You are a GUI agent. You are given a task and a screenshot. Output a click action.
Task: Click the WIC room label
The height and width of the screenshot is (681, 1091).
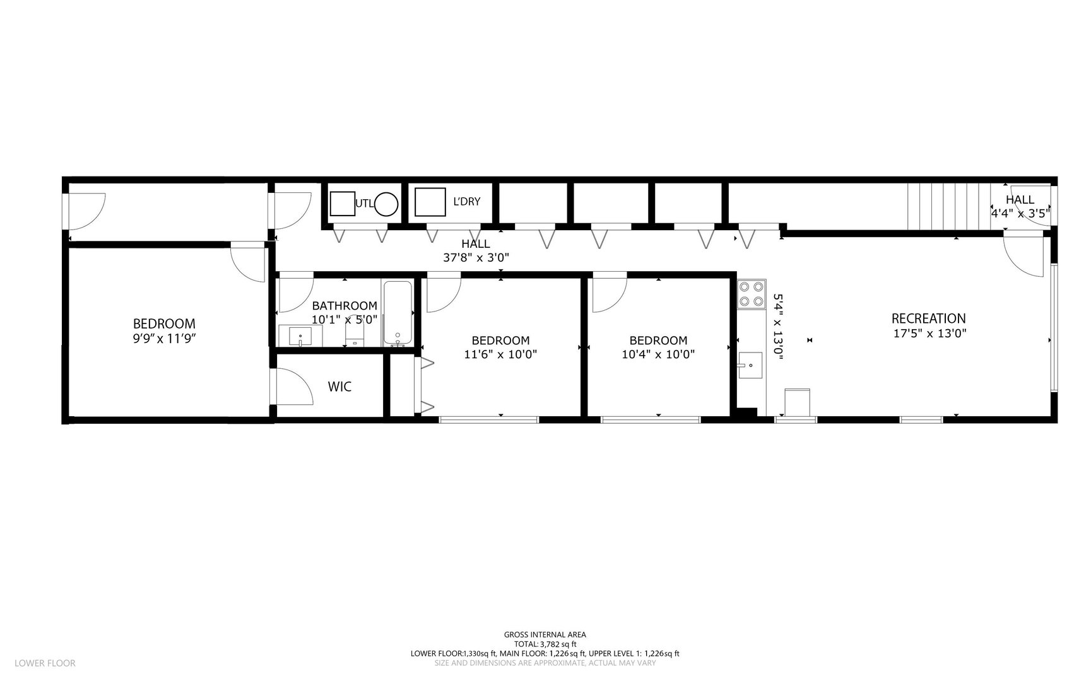click(339, 387)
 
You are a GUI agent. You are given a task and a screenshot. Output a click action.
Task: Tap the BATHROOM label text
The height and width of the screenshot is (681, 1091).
click(345, 306)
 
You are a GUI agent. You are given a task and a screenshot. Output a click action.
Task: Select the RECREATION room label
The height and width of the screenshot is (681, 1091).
click(928, 318)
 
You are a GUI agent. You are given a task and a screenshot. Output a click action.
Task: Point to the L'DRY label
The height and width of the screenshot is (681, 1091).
click(466, 202)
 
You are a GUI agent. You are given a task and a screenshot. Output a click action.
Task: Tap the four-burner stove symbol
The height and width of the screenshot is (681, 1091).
click(752, 294)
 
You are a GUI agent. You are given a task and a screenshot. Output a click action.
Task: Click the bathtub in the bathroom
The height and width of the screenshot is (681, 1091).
click(398, 313)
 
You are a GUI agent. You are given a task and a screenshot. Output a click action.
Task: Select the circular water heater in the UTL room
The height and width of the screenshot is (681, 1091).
click(386, 204)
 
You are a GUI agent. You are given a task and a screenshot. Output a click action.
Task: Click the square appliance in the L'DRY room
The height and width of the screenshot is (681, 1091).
click(426, 202)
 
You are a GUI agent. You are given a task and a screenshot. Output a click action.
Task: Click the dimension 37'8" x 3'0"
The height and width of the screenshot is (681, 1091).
click(476, 257)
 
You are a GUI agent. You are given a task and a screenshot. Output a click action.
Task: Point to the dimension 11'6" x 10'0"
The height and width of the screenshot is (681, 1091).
click(500, 354)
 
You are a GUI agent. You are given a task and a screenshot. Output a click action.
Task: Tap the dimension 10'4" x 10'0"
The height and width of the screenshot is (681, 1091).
click(658, 354)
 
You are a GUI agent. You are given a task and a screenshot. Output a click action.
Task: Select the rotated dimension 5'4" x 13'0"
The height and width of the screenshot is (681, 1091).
click(777, 327)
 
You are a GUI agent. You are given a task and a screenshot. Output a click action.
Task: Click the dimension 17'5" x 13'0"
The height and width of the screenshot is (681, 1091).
click(930, 334)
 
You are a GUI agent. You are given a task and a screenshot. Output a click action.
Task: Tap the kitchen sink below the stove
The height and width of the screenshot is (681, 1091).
click(750, 365)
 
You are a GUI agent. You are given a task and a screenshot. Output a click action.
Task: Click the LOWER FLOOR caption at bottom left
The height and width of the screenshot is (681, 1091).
click(45, 663)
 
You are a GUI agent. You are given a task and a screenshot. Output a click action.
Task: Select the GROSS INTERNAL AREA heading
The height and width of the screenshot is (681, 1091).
click(545, 635)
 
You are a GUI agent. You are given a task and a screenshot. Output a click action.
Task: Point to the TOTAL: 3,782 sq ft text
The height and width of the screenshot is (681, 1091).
click(545, 644)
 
